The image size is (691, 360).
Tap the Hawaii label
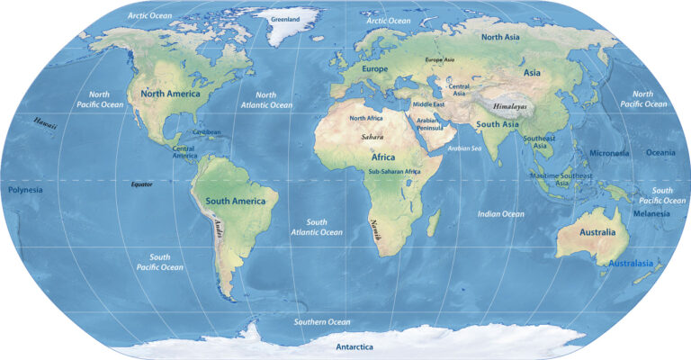tap(45, 122)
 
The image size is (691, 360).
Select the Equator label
tap(141, 184)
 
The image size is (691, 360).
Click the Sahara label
tap(372, 138)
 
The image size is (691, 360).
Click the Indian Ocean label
tap(501, 214)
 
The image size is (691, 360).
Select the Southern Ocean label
tap(322, 321)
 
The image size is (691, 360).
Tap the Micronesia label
tap(609, 153)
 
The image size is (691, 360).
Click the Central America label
tap(184, 152)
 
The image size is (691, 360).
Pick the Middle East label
tap(429, 104)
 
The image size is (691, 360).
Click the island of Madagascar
tap(433, 220)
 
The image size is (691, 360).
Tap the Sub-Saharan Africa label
tap(394, 171)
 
